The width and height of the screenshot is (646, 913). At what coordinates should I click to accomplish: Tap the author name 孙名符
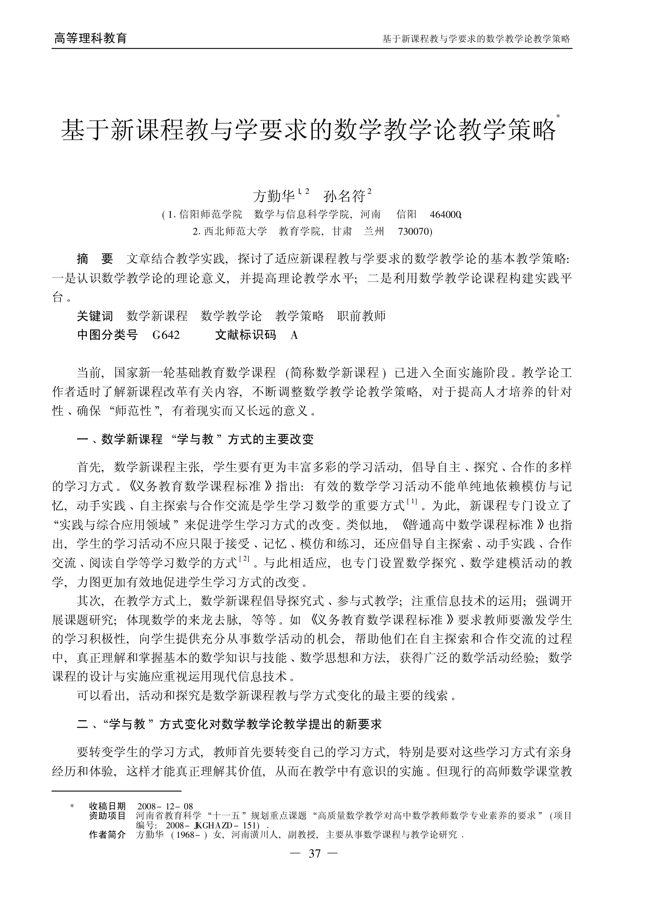[x=344, y=196]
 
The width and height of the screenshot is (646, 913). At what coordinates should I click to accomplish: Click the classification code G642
[x=166, y=335]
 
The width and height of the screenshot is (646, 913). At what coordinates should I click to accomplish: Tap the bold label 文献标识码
[x=245, y=335]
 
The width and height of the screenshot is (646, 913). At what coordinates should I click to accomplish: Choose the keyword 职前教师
[x=361, y=316]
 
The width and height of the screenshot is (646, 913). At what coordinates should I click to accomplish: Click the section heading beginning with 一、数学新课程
[x=195, y=439]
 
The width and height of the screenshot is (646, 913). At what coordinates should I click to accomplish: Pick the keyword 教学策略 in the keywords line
[x=300, y=316]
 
